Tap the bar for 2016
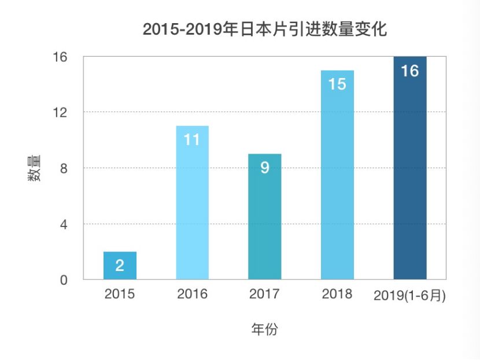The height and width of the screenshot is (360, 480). click(x=192, y=220)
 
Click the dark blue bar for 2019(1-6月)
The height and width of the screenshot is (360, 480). click(x=410, y=185)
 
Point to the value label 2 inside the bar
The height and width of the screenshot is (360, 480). click(x=120, y=266)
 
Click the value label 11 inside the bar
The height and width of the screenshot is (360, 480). click(x=192, y=140)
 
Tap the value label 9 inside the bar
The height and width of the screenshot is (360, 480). click(x=264, y=168)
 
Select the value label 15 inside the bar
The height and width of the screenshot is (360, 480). click(x=337, y=84)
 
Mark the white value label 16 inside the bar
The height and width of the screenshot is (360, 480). click(x=410, y=71)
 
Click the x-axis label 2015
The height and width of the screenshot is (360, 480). click(x=120, y=294)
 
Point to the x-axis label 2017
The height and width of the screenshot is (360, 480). click(x=264, y=294)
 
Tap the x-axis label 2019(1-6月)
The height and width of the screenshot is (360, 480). click(x=410, y=295)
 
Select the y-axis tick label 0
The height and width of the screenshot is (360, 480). click(x=63, y=280)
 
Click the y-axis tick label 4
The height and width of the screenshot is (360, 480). click(x=63, y=224)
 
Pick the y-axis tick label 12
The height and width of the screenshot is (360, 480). click(x=61, y=112)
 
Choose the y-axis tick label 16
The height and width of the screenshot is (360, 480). click(x=61, y=57)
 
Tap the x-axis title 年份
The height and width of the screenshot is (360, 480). click(x=264, y=330)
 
